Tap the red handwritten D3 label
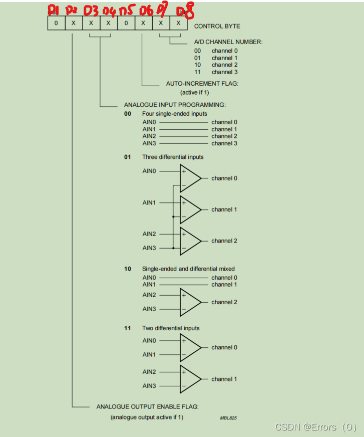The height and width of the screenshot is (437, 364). click(x=91, y=10)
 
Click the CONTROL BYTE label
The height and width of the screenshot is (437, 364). click(x=217, y=26)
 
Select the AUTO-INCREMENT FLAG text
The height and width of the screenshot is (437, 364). click(x=202, y=84)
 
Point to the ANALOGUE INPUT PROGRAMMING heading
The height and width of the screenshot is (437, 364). click(x=175, y=105)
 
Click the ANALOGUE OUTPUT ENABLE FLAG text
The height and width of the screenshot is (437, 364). click(x=151, y=406)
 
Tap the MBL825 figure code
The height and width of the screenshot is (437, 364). click(x=228, y=417)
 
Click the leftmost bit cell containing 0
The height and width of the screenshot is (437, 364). click(x=56, y=23)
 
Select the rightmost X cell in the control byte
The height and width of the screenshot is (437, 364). click(x=178, y=23)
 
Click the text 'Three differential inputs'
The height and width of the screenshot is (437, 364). click(x=173, y=157)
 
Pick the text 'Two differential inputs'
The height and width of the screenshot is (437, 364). click(x=171, y=328)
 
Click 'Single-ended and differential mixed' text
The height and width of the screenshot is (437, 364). click(x=188, y=269)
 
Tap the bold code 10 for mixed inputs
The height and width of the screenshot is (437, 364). click(x=128, y=269)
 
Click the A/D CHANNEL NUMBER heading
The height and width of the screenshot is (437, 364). click(x=228, y=42)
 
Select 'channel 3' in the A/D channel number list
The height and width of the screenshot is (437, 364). click(x=224, y=72)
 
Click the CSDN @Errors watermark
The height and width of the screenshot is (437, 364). click(x=315, y=427)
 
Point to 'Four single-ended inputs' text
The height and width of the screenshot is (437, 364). click(x=174, y=114)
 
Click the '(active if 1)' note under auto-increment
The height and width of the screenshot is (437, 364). click(x=195, y=93)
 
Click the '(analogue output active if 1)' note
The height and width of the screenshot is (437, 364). click(x=147, y=417)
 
